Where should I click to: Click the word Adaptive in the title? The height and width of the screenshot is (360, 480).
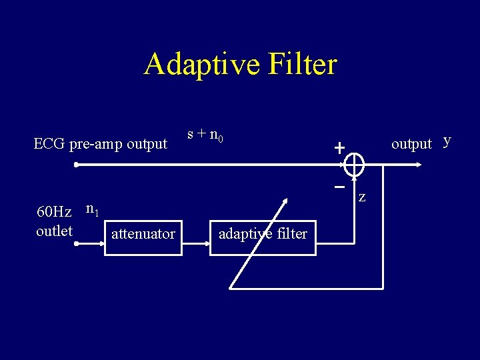[x=197, y=65]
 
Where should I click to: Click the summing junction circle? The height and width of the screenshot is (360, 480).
[x=355, y=163]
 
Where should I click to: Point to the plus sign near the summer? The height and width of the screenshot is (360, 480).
[x=340, y=148]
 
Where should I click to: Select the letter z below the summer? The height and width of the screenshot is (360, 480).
[x=362, y=197]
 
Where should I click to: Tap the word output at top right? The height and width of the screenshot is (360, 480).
[x=411, y=144]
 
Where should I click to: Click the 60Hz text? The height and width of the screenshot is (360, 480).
[x=54, y=212]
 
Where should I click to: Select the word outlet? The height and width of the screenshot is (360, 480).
[x=54, y=231]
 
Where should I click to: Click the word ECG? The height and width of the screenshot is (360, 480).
[x=49, y=144]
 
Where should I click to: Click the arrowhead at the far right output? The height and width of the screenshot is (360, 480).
[x=417, y=163]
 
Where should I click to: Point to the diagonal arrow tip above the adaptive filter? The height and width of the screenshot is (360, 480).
[x=287, y=199]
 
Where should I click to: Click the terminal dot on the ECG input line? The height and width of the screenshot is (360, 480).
[x=77, y=163]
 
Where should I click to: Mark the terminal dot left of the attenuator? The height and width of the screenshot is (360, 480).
[x=77, y=244]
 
